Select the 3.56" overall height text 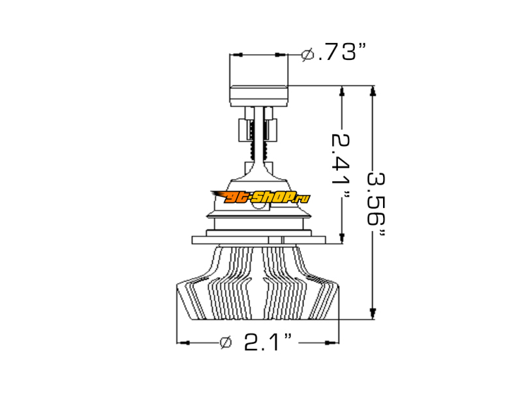click(x=376, y=204)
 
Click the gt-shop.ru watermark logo click(x=260, y=198)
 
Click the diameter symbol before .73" click(x=307, y=54)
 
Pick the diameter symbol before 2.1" click(x=226, y=342)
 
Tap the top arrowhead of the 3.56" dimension click(x=373, y=91)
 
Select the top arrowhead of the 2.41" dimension click(x=341, y=91)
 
